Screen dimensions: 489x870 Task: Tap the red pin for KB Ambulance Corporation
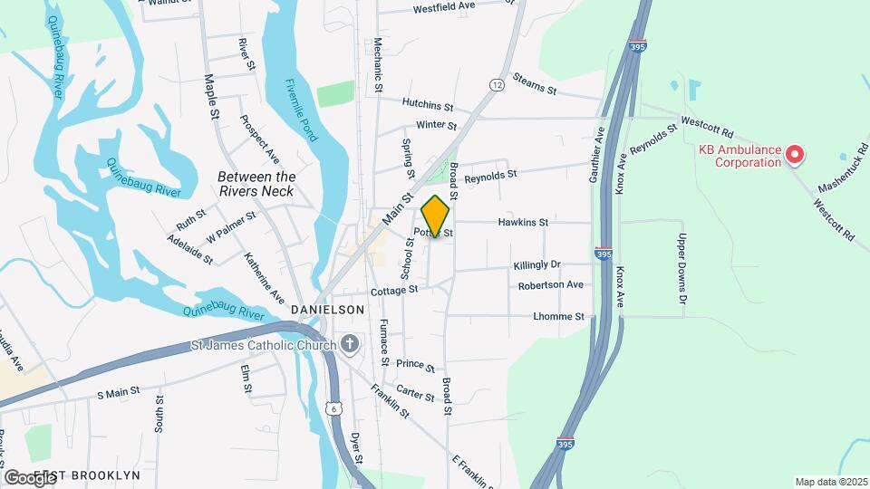tap(795, 155)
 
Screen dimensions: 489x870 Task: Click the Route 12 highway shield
tap(497, 84)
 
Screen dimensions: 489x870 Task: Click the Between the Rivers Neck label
tap(256, 184)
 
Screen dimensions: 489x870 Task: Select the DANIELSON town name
tap(327, 310)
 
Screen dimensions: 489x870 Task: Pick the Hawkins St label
tap(523, 222)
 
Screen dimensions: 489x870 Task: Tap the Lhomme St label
tap(559, 316)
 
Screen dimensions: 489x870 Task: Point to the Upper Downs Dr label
tap(683, 268)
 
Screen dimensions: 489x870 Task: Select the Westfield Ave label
tap(444, 7)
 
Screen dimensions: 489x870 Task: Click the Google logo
tap(29, 477)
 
